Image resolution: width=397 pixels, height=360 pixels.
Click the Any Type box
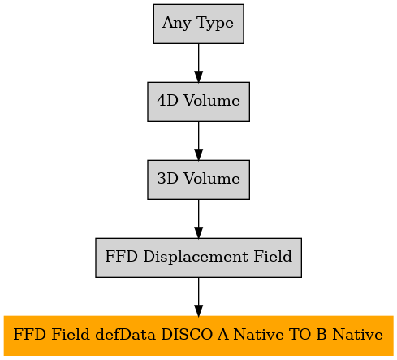[198, 24]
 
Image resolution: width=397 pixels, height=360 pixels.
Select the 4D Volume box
[198, 102]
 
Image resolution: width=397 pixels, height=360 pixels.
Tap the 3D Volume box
[198, 180]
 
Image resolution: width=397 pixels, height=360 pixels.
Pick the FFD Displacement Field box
[198, 258]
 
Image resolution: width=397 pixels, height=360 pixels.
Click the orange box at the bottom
[198, 336]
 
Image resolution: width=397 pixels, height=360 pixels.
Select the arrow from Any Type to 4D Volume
[198, 63]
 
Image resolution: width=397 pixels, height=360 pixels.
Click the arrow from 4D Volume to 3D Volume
[198, 141]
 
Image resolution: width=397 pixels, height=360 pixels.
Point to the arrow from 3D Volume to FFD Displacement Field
[198, 219]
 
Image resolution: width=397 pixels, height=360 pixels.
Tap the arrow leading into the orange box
[198, 297]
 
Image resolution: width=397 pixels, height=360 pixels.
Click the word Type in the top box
[215, 24]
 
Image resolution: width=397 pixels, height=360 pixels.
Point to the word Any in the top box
[176, 24]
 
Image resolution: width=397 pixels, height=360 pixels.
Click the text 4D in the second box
[167, 100]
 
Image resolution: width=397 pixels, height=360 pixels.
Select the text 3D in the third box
[167, 178]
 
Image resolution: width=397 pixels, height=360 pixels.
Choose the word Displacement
[196, 257]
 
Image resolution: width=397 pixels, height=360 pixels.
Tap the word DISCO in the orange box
[187, 335]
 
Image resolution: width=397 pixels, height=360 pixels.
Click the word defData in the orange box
[125, 335]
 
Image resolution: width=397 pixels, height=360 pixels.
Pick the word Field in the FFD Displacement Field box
[273, 256]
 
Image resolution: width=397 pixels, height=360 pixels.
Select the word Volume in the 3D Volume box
[212, 178]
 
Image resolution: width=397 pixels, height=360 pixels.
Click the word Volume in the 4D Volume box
[212, 100]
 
